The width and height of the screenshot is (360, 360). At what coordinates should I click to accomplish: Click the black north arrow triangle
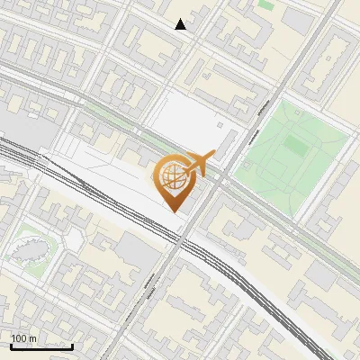pyautogui.click(x=181, y=24)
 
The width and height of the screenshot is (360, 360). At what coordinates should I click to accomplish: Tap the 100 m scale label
pyautogui.click(x=24, y=338)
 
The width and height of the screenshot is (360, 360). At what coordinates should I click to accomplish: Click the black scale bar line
pyautogui.click(x=41, y=346)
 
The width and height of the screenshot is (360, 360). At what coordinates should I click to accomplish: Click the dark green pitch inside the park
pyautogui.click(x=294, y=143)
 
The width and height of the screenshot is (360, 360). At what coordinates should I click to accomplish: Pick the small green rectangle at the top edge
pyautogui.click(x=265, y=4)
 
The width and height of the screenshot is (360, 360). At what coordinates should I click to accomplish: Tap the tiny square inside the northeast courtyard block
pyautogui.click(x=340, y=58)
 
